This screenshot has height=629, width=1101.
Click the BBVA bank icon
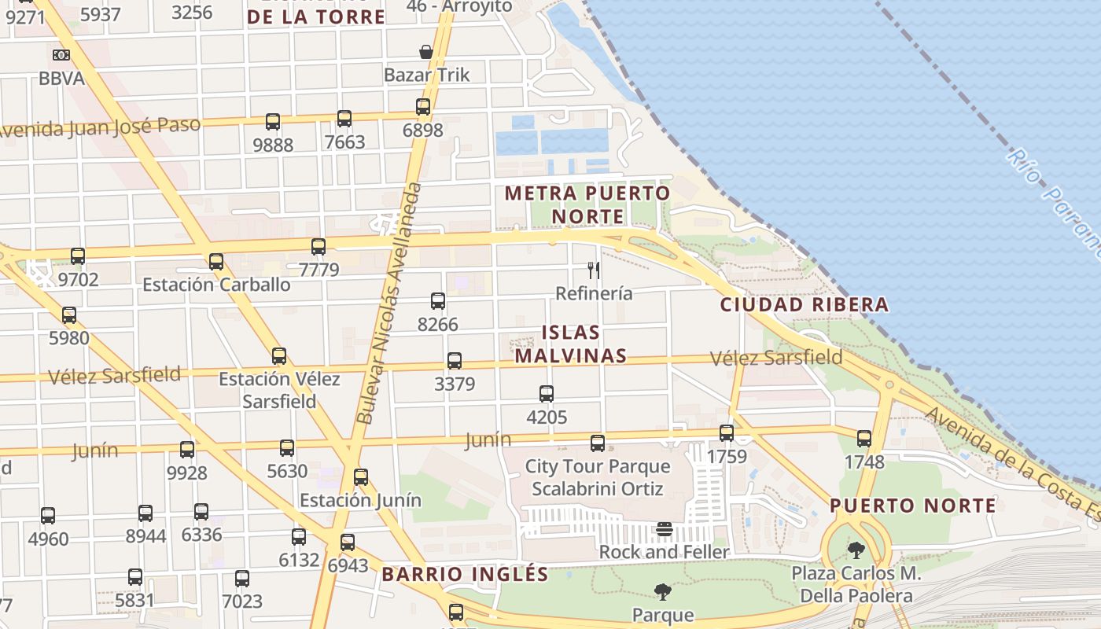[61, 55]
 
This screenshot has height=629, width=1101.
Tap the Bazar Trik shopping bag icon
[426, 52]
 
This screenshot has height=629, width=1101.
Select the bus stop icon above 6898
[423, 107]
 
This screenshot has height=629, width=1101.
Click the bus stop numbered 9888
[273, 145]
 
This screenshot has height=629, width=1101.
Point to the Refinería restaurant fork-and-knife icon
[594, 270]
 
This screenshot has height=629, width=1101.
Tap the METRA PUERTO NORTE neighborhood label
[587, 204]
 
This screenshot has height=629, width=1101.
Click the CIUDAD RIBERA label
[805, 304]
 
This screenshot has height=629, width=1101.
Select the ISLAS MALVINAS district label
[571, 344]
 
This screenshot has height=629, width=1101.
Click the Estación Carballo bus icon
[216, 262]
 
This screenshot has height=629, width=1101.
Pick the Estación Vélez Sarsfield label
[279, 390]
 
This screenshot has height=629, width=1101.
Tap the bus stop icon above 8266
[438, 301]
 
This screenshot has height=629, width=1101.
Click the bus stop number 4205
[547, 417]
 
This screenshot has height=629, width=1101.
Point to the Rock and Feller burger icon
[665, 529]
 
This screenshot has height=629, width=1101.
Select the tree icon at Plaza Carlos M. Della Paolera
[856, 550]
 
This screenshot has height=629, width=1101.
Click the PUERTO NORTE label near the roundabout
[913, 505]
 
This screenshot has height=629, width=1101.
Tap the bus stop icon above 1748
[864, 439]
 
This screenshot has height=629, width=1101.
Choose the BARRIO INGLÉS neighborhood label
[465, 574]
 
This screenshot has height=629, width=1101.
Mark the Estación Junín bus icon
[361, 477]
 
